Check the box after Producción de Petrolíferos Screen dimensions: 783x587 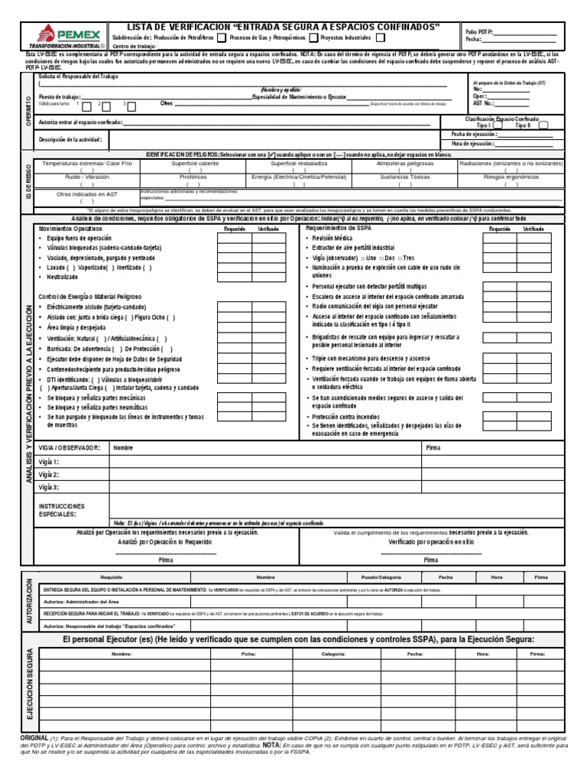click(221, 37)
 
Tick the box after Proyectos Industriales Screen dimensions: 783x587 click(381, 37)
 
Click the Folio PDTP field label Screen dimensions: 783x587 click(481, 31)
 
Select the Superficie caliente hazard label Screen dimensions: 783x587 click(194, 164)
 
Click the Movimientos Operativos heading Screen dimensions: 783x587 click(70, 229)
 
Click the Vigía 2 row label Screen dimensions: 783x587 click(49, 475)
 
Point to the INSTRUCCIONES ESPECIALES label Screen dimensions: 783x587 click(63, 511)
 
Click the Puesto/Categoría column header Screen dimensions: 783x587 click(375, 577)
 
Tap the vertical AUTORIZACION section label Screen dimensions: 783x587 click(30, 603)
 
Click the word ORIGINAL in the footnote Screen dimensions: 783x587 click(34, 737)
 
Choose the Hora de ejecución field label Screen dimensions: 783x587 click(472, 143)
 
